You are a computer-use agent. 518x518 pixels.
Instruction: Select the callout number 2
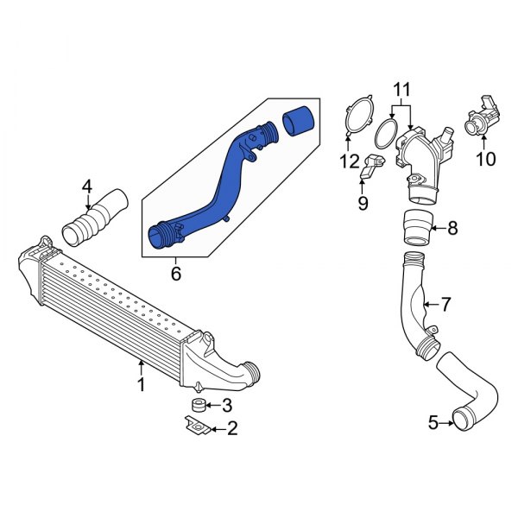click(231, 427)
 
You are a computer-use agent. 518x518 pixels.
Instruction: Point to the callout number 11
click(400, 89)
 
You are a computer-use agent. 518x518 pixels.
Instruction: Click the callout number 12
click(348, 161)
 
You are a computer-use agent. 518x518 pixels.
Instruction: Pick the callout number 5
click(434, 423)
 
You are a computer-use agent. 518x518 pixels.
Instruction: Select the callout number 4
click(86, 186)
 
